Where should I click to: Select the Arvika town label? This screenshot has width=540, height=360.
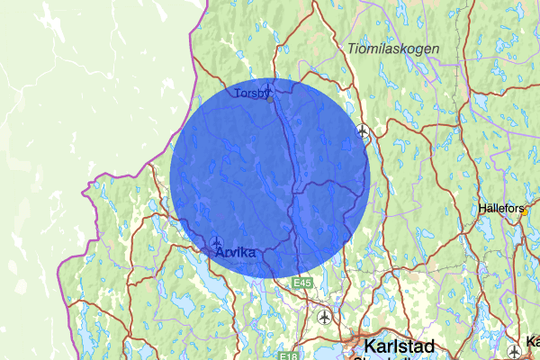pos(236,254)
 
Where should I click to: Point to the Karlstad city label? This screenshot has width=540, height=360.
pos(398,346)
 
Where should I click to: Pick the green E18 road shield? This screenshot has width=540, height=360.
pos(287,355)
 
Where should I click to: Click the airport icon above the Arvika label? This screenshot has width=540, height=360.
pos(218,241)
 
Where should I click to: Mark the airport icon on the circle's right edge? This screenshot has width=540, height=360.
pos(363,130)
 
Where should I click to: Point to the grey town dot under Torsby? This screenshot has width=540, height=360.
pos(270,99)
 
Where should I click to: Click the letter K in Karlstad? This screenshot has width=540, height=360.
pos(368,346)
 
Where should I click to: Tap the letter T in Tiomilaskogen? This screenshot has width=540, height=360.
pos(350,47)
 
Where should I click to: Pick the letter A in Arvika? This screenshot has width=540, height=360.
pos(220,254)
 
